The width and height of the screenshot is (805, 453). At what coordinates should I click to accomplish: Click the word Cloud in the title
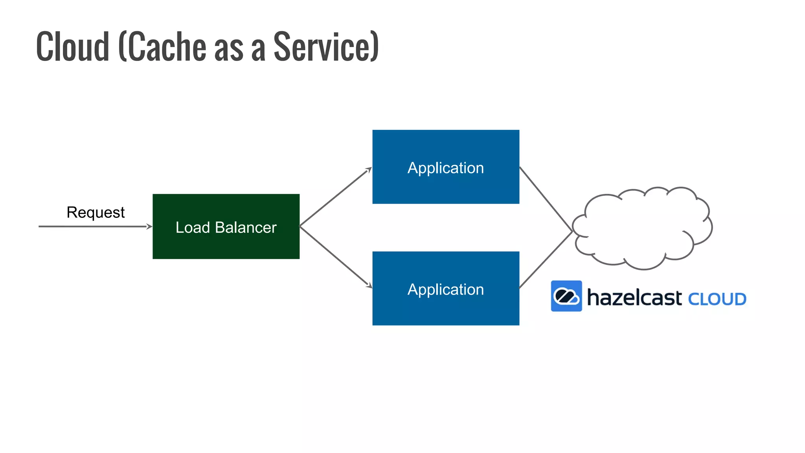click(73, 47)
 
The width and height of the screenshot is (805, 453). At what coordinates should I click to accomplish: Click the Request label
click(96, 212)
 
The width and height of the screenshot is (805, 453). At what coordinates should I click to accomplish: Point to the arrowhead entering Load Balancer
click(149, 226)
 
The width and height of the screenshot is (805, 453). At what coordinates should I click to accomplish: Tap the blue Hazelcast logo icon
click(566, 296)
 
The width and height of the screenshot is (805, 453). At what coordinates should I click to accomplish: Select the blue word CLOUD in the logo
click(717, 299)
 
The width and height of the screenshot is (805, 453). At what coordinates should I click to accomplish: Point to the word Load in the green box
click(193, 227)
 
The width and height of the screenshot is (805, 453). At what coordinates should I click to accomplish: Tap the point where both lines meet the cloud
click(572, 231)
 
